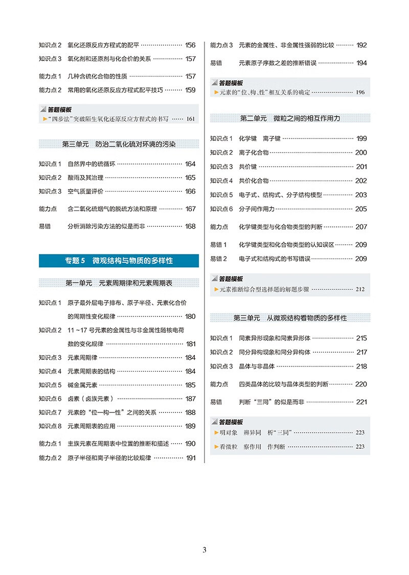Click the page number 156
point(190,45)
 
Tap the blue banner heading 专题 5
point(119,261)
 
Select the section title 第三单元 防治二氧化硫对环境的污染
point(119,145)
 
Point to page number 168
point(190,226)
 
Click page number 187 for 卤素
point(190,399)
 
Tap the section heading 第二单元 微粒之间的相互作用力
point(290,119)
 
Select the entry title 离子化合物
point(254,152)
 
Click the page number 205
point(361,209)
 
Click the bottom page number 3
point(204,550)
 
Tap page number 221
point(361,402)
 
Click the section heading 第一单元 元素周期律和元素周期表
point(119,283)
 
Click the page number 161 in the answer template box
point(190,119)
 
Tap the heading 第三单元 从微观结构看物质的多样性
point(290,318)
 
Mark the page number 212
point(359,289)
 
